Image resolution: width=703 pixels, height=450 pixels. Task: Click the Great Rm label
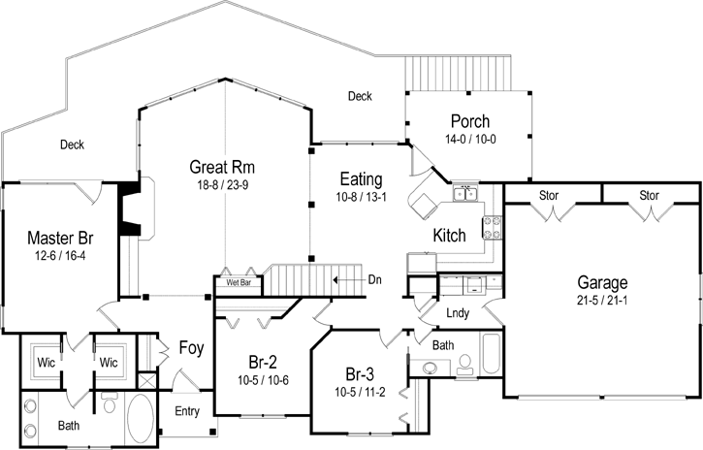[x=221, y=167]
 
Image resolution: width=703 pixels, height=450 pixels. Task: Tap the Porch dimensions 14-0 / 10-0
[x=469, y=139]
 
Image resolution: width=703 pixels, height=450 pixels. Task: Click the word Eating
[x=360, y=179]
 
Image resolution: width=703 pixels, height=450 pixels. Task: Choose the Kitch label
[x=449, y=236]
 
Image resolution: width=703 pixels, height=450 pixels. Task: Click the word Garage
[x=602, y=283]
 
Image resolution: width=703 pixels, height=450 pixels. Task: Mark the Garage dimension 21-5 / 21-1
[x=602, y=300]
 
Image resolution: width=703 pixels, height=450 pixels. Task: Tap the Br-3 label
[x=360, y=374]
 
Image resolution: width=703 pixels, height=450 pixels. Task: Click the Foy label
[x=189, y=347]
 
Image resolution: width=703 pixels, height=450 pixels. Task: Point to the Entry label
[x=187, y=411]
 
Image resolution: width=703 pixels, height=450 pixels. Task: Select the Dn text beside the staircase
[x=374, y=279]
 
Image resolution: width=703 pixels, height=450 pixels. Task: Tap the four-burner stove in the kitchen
[x=492, y=227]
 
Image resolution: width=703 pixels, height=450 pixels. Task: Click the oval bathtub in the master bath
[x=141, y=419]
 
